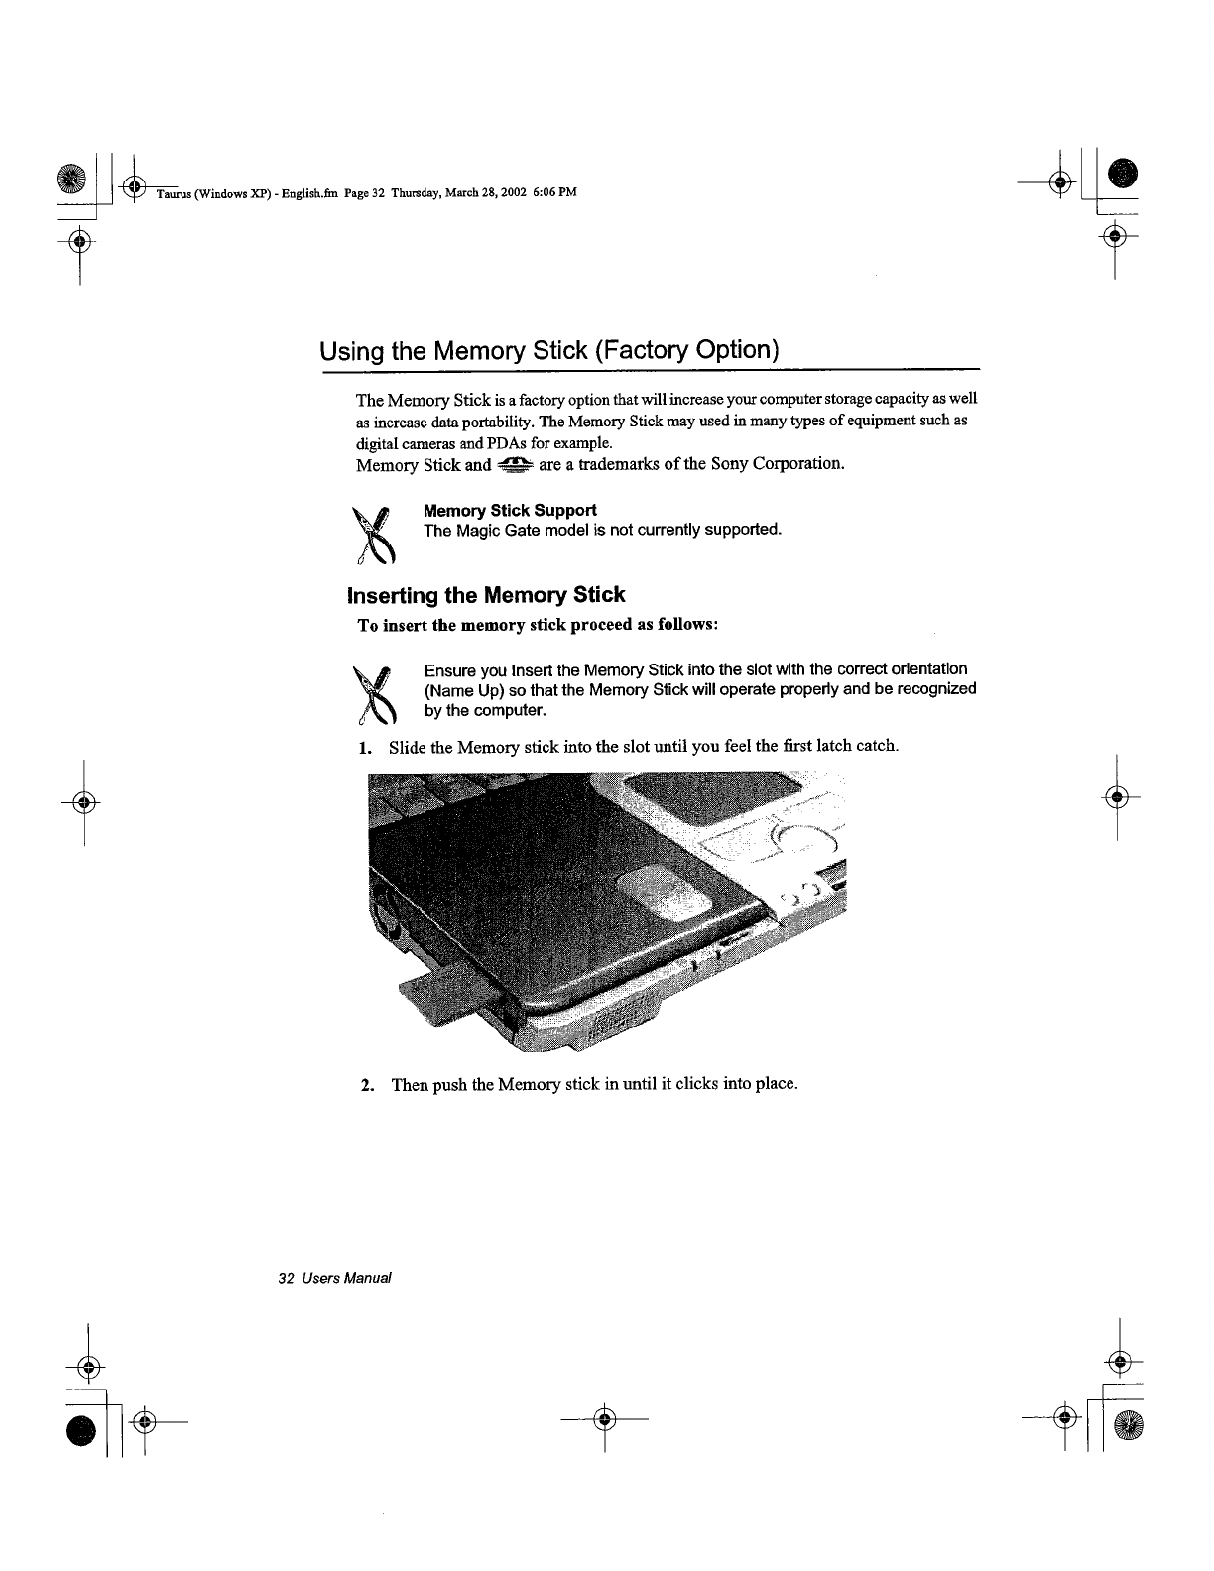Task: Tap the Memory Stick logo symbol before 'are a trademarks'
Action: (x=516, y=464)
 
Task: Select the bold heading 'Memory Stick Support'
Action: (x=510, y=510)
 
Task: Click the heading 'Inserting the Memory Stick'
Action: (x=486, y=595)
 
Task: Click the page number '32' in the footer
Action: (x=286, y=1278)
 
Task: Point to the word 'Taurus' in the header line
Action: (x=173, y=192)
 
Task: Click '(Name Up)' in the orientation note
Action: (x=463, y=690)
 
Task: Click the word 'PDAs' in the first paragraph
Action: (x=547, y=442)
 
